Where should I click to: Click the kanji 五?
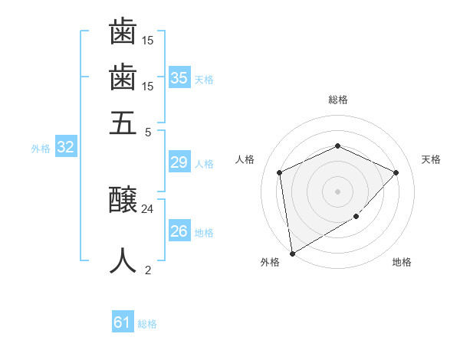click(x=123, y=123)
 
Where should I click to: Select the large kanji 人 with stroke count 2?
click(x=123, y=260)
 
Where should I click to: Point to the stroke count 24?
click(x=148, y=208)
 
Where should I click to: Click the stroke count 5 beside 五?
click(x=148, y=131)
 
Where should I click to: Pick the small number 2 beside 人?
click(x=148, y=269)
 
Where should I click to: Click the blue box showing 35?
click(x=179, y=78)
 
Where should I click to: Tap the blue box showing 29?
click(x=179, y=162)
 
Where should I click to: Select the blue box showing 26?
click(x=179, y=231)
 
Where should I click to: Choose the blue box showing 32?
click(x=65, y=148)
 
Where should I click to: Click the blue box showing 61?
click(x=123, y=322)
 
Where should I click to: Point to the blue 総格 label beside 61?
click(x=147, y=324)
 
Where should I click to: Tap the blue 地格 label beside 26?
click(x=204, y=233)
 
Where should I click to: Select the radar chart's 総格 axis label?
click(x=337, y=100)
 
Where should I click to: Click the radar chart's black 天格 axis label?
click(x=431, y=159)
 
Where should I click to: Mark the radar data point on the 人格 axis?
click(x=280, y=172)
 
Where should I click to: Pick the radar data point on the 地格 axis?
click(x=356, y=217)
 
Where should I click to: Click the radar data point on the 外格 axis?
click(x=292, y=253)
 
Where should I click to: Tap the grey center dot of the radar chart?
click(x=337, y=191)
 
